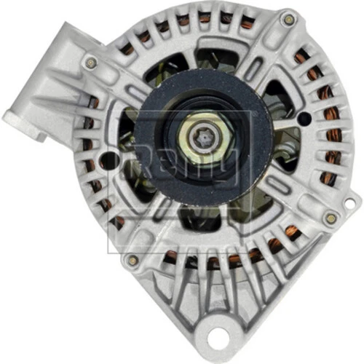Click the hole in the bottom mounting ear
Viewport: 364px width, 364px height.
coord(216,337)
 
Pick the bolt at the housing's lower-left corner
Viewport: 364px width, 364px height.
coord(132,259)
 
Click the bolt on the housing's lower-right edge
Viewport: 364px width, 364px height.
coord(331,217)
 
